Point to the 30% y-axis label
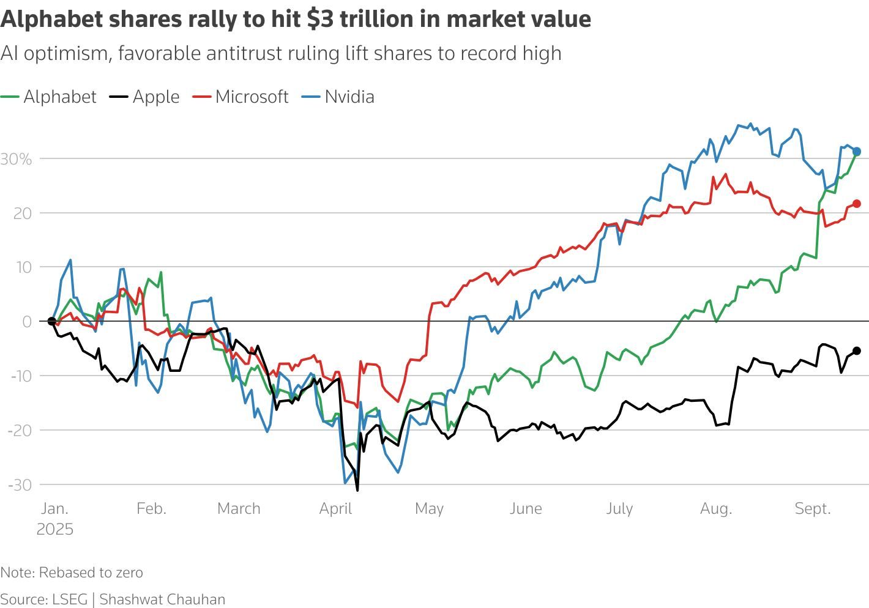tap(16, 159)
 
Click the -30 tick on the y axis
tap(20, 485)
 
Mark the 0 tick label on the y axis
tap(26, 321)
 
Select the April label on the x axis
tap(335, 508)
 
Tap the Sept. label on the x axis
tap(813, 508)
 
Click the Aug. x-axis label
tap(716, 508)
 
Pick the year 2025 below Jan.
tap(55, 529)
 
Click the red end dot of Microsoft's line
tap(857, 204)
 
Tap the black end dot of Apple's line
tap(857, 351)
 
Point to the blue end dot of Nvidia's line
tap(857, 151)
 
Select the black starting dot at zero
tap(51, 321)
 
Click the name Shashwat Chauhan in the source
tap(162, 599)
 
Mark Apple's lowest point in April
tap(357, 489)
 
